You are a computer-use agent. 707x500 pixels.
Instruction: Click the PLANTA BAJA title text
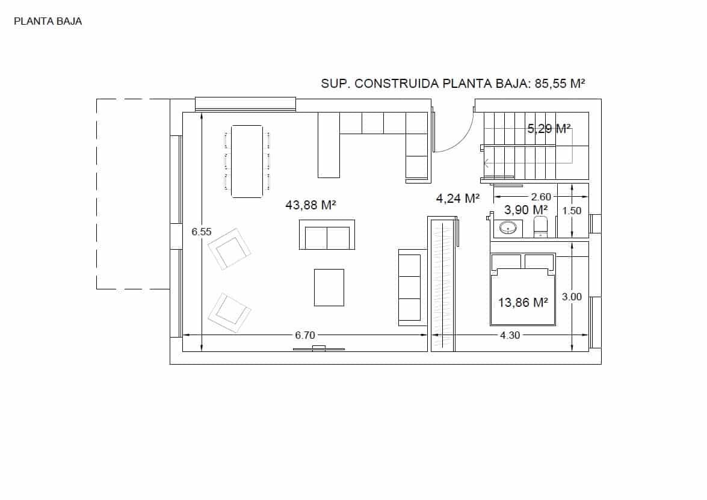click(48, 22)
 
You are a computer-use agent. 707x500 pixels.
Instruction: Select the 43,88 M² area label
click(310, 205)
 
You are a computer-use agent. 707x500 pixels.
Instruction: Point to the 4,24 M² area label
click(457, 198)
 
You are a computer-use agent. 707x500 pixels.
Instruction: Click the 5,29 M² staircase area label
click(549, 128)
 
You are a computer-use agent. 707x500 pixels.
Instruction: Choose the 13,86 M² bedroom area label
click(523, 303)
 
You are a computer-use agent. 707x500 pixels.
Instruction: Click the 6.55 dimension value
click(202, 232)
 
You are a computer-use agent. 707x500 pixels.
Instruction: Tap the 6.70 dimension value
click(304, 336)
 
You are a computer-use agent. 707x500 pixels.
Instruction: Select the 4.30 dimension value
click(510, 336)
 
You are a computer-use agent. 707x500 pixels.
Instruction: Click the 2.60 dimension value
click(541, 197)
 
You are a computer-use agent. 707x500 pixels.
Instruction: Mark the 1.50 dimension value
click(572, 211)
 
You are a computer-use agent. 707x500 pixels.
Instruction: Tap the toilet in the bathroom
click(540, 227)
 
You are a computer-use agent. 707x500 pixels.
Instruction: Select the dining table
click(247, 161)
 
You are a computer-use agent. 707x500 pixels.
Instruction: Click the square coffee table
click(329, 287)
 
